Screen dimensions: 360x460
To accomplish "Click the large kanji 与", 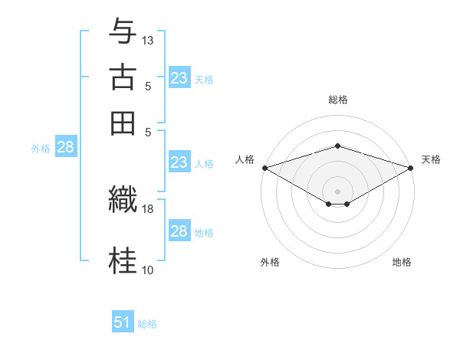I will pyautogui.click(x=123, y=31).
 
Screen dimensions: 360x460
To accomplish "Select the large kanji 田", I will pyautogui.click(x=123, y=123).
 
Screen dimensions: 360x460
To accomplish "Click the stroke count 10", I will pyautogui.click(x=148, y=270).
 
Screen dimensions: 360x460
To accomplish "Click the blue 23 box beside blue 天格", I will pyautogui.click(x=179, y=78).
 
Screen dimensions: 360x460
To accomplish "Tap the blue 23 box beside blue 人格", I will pyautogui.click(x=179, y=162).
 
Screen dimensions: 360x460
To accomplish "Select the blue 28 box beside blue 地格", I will pyautogui.click(x=179, y=231).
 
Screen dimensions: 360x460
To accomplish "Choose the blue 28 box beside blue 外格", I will pyautogui.click(x=65, y=148).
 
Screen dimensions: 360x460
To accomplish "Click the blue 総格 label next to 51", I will pyautogui.click(x=147, y=324).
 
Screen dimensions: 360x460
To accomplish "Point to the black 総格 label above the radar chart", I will pyautogui.click(x=337, y=100).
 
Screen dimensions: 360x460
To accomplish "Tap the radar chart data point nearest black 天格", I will pyautogui.click(x=412, y=168).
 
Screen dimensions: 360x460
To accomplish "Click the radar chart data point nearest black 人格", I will pyautogui.click(x=264, y=168).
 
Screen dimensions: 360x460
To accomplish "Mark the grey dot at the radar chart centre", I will pyautogui.click(x=337, y=191).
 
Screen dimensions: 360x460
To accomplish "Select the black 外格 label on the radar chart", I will pyautogui.click(x=270, y=262).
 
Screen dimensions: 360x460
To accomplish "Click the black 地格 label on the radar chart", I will pyautogui.click(x=402, y=262).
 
